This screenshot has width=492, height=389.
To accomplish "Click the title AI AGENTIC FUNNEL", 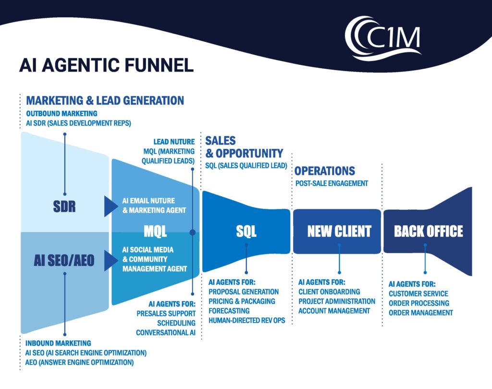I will point(106,65).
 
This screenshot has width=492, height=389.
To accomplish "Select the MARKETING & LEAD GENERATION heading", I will point(105,101).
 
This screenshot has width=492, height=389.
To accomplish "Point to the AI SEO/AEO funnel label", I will point(64,260).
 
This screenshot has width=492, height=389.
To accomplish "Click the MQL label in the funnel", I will point(155,232).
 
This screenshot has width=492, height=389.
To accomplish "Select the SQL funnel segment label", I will point(246,231).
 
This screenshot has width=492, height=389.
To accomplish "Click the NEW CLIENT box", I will point(339,231).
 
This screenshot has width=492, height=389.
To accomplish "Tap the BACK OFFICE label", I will point(428,231).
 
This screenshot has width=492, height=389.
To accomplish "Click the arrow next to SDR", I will point(111,207).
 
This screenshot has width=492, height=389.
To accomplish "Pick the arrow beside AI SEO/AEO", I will point(111,260).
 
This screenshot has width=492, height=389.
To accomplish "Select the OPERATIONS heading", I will point(324,171).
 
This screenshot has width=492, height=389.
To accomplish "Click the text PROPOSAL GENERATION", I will point(244,292).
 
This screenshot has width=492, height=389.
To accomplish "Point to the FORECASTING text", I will point(229,311).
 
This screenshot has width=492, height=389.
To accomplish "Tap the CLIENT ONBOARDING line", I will point(329,292).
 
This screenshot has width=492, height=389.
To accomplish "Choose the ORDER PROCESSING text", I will point(419,303).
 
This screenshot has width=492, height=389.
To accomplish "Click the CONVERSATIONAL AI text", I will point(166,332).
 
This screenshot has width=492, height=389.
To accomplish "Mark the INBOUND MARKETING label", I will point(58,343).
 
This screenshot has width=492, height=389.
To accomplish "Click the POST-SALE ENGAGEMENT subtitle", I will point(331,183).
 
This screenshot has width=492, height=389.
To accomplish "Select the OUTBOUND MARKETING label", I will point(61,113).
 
